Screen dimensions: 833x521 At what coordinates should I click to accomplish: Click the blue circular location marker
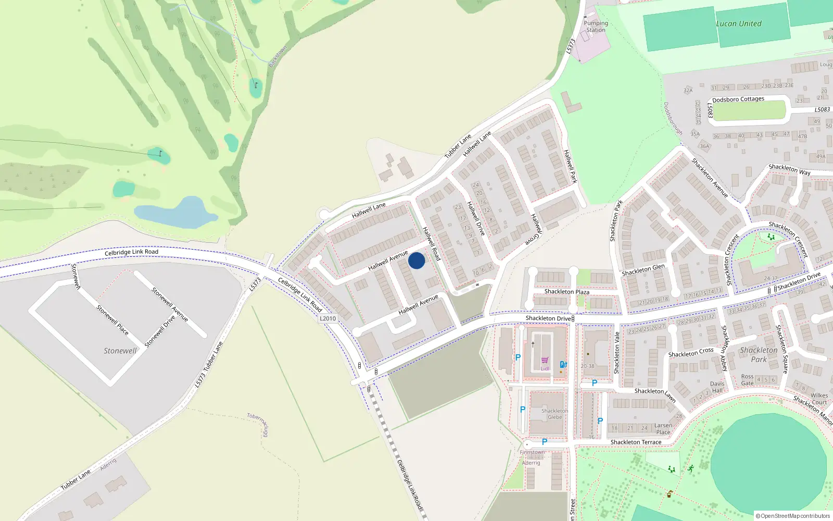(416, 260)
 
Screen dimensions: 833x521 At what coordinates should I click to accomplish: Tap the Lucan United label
(738, 23)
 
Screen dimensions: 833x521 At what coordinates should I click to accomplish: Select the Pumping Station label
(596, 27)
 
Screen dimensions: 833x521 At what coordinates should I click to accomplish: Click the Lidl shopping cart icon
(545, 361)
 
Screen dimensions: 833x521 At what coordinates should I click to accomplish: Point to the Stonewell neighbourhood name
(120, 351)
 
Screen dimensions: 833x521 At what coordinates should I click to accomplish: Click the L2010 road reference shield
(327, 318)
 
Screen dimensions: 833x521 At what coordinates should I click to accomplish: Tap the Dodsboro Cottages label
(738, 99)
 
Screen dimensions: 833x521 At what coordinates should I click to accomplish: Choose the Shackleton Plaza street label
(566, 292)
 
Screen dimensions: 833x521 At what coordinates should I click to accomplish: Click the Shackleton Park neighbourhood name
(759, 355)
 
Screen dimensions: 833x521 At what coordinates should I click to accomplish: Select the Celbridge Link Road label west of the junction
(131, 252)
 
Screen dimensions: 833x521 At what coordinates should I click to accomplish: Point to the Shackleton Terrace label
(636, 442)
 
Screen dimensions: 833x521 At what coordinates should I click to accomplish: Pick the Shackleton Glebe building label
(554, 414)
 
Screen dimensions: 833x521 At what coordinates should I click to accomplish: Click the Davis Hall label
(717, 387)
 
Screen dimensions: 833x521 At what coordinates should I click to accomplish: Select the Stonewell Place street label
(112, 320)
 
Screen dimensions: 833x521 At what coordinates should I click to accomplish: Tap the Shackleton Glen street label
(643, 270)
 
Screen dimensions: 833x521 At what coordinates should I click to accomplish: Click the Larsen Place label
(663, 429)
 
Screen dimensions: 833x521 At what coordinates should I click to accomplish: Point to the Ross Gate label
(747, 380)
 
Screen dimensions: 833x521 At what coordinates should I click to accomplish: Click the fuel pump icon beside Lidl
(563, 365)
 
